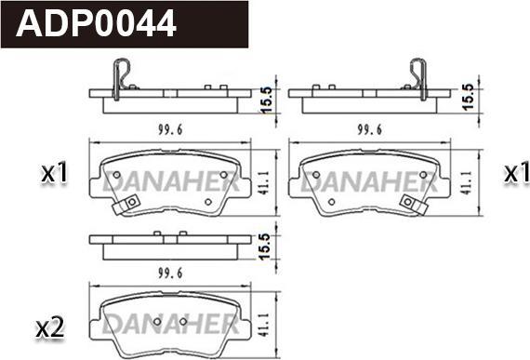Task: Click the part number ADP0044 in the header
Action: click(x=96, y=23)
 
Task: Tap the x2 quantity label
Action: click(x=50, y=327)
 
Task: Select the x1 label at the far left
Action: click(x=54, y=173)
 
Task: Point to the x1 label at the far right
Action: click(x=516, y=173)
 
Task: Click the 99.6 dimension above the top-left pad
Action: click(x=170, y=129)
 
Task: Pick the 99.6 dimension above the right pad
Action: click(x=369, y=129)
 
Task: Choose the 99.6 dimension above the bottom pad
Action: click(x=170, y=273)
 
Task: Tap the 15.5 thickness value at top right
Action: click(x=469, y=97)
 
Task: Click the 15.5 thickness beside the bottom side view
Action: click(x=265, y=247)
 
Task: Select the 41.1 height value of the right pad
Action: click(x=467, y=183)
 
